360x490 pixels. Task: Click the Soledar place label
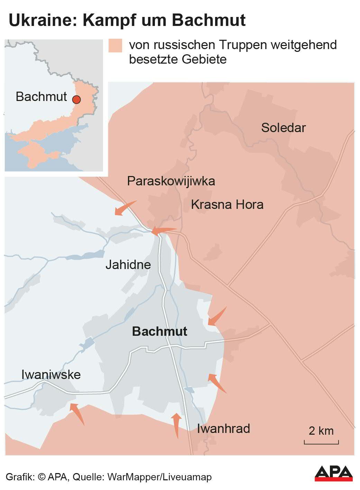pyautogui.click(x=283, y=128)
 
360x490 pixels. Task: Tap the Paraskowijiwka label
pyautogui.click(x=171, y=181)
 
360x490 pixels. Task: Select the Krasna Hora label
pyautogui.click(x=227, y=204)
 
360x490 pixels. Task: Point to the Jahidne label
pyautogui.click(x=128, y=265)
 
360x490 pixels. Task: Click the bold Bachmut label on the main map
pyautogui.click(x=159, y=331)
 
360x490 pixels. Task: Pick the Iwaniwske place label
pyautogui.click(x=51, y=375)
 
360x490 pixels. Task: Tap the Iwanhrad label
pyautogui.click(x=223, y=428)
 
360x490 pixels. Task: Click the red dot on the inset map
pyautogui.click(x=76, y=100)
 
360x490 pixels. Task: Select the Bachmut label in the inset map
pyautogui.click(x=41, y=96)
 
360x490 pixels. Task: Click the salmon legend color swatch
pyautogui.click(x=115, y=46)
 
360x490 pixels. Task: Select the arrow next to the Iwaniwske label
pyautogui.click(x=77, y=413)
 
